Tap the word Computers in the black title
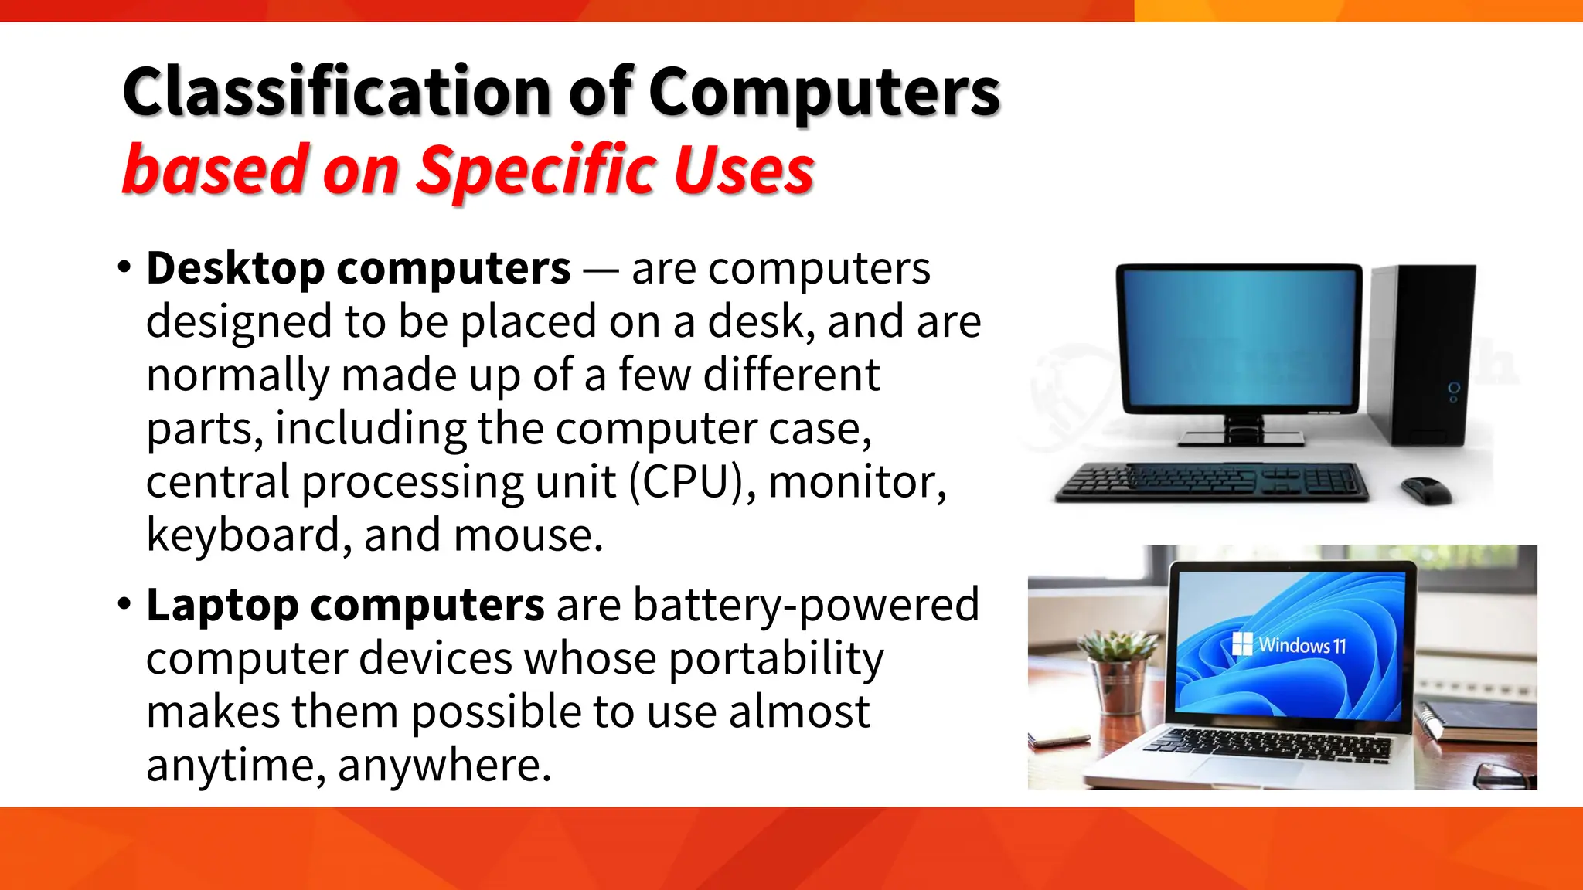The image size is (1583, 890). point(824,93)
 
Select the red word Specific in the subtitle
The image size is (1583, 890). point(536,170)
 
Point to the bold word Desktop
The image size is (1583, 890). point(236,269)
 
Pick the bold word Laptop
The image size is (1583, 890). point(223,605)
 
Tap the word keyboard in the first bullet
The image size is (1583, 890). point(243,535)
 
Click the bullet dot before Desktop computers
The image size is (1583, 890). point(124,268)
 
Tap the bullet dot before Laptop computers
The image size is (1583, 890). point(124,604)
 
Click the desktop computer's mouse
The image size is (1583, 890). point(1426,490)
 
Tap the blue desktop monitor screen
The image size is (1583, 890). point(1239,337)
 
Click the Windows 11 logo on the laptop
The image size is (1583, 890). point(1242,644)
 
